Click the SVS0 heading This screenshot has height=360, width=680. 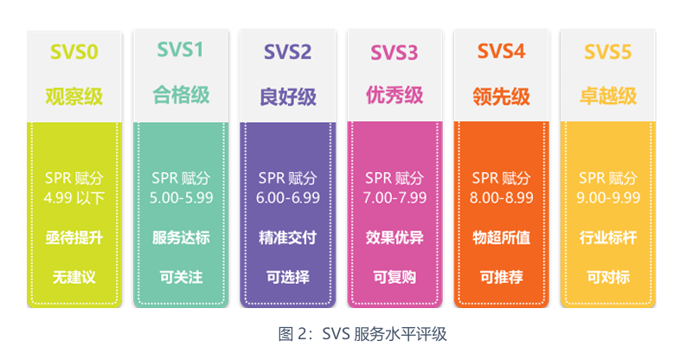(74, 52)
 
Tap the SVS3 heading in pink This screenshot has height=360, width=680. (395, 53)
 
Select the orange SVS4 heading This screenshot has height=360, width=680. (501, 51)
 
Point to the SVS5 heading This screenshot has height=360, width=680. (607, 52)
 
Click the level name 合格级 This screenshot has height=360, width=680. (181, 95)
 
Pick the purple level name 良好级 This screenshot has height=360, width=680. (288, 96)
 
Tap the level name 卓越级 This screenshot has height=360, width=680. (608, 96)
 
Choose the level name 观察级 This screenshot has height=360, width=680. (74, 96)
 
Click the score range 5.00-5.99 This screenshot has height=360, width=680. (182, 198)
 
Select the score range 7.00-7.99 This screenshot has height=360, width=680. (395, 198)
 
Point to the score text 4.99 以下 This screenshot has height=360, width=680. (74, 198)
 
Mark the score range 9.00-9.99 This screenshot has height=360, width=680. (608, 198)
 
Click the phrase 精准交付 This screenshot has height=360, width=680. (287, 238)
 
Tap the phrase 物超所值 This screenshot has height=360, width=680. (501, 238)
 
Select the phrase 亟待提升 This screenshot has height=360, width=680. (74, 238)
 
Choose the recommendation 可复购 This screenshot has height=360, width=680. (395, 277)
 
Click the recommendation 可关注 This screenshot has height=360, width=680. (182, 277)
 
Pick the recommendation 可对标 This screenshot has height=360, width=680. (608, 277)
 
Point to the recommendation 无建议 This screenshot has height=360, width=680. (74, 277)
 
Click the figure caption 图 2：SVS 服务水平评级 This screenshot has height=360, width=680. (362, 334)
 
